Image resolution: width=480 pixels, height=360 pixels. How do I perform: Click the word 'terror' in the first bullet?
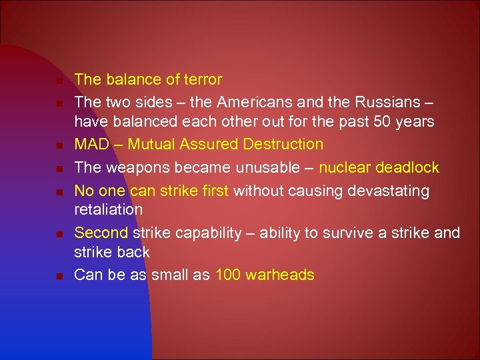pyautogui.click(x=202, y=80)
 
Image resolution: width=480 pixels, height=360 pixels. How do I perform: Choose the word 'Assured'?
pyautogui.click(x=208, y=145)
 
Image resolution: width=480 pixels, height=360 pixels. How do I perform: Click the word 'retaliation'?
pyautogui.click(x=108, y=209)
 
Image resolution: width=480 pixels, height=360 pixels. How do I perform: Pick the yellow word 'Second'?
pyautogui.click(x=101, y=233)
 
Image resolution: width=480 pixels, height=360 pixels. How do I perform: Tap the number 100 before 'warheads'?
pyautogui.click(x=229, y=275)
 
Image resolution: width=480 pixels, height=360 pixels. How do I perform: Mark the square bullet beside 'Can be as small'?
pyautogui.click(x=59, y=276)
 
